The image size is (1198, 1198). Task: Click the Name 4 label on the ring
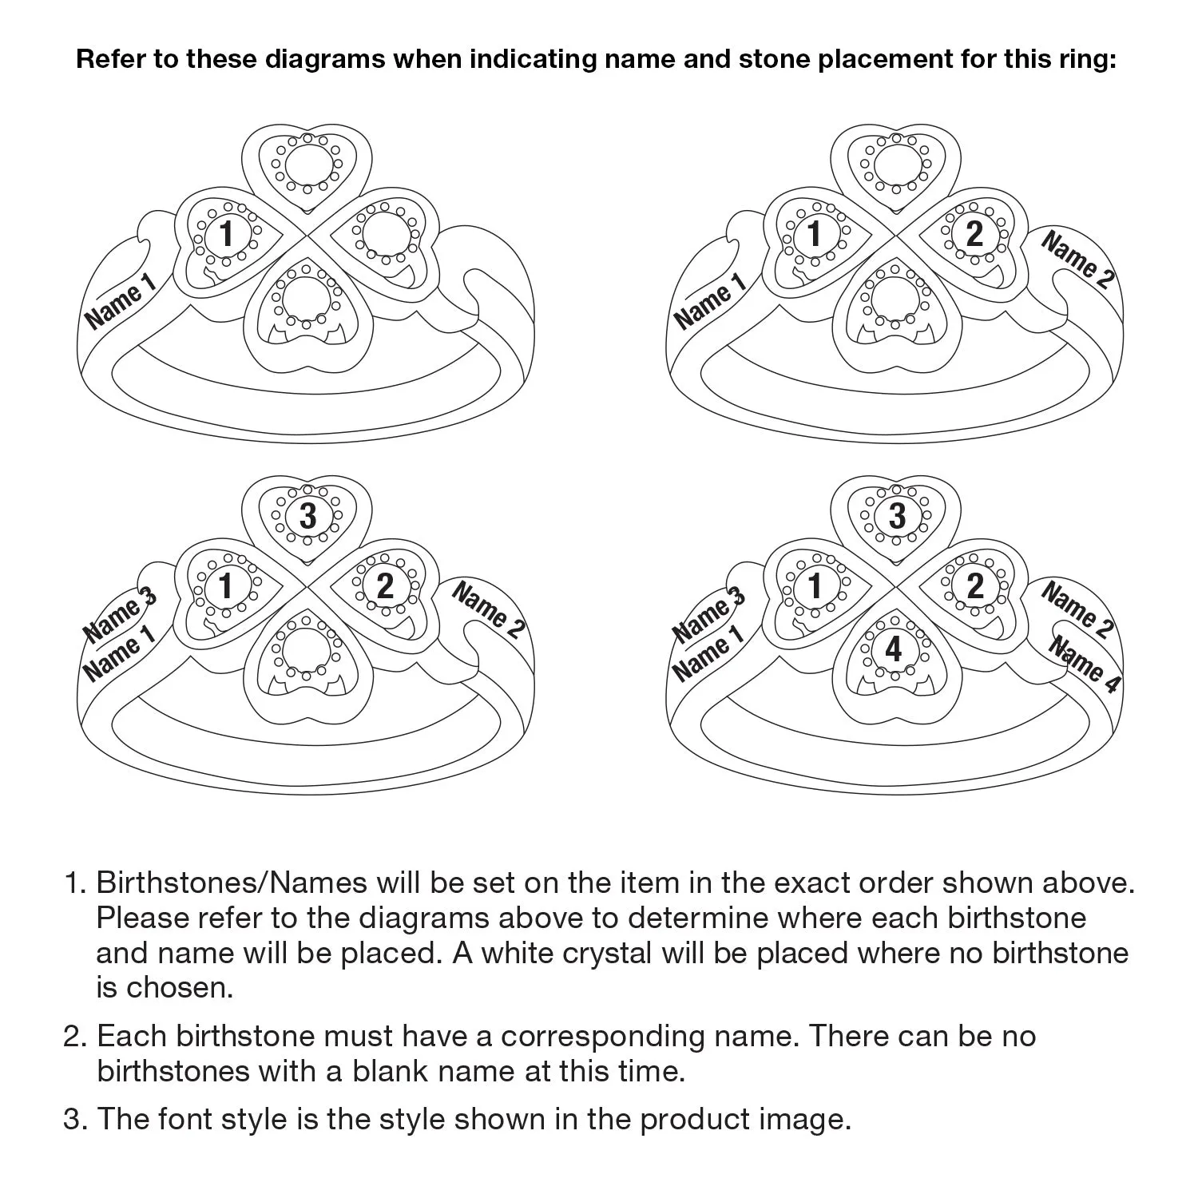click(1084, 664)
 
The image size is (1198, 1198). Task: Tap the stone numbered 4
click(894, 649)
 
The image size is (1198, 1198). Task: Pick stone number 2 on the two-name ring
click(974, 234)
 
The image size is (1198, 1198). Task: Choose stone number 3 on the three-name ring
click(308, 516)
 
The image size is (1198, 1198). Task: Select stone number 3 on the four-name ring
click(897, 516)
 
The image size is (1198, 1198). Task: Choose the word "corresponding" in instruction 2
click(602, 1037)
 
